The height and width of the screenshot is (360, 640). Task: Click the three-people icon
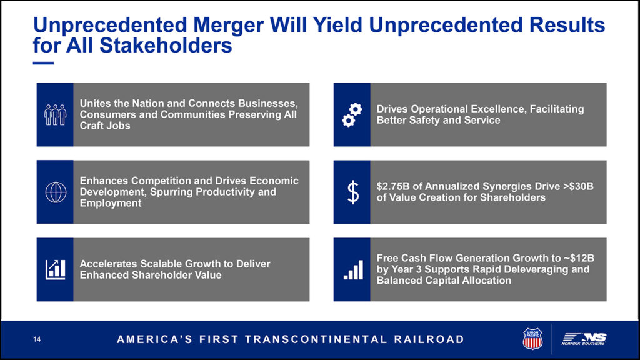click(55, 115)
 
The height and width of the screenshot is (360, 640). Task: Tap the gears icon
click(352, 115)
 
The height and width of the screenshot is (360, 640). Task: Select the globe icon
click(56, 192)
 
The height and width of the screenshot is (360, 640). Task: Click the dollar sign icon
click(353, 192)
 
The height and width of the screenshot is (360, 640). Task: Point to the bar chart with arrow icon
click(55, 270)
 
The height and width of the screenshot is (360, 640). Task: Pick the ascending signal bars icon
click(353, 270)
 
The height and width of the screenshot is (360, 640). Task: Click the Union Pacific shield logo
click(532, 339)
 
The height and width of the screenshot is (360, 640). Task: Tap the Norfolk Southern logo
click(584, 339)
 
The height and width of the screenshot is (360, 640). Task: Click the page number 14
click(37, 339)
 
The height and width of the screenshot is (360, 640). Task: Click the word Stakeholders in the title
click(166, 45)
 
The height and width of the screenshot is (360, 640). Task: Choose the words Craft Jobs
click(105, 126)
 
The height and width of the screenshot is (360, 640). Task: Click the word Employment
click(111, 203)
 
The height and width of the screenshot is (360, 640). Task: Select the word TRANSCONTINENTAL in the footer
click(316, 339)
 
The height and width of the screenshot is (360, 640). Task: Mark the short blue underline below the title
click(43, 63)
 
